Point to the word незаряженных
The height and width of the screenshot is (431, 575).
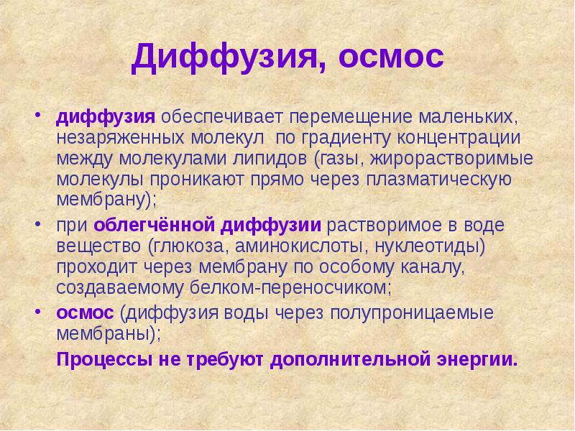pyautogui.click(x=111, y=137)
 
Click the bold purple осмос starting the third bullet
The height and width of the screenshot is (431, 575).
pyautogui.click(x=86, y=314)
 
